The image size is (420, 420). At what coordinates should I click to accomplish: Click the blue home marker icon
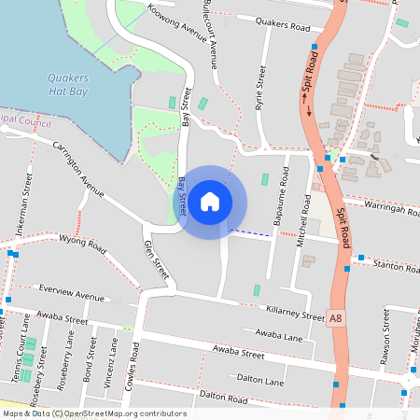click(x=211, y=201)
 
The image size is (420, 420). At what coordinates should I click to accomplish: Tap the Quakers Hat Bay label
click(x=69, y=85)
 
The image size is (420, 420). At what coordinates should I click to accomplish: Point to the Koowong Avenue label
click(x=176, y=23)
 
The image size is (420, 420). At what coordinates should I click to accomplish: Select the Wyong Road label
click(x=82, y=245)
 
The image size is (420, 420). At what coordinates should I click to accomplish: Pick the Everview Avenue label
click(x=71, y=296)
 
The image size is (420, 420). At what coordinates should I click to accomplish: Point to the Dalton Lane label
click(x=260, y=380)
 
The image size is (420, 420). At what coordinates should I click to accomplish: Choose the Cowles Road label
click(x=135, y=366)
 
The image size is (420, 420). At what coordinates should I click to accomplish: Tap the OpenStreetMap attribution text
click(x=93, y=413)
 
